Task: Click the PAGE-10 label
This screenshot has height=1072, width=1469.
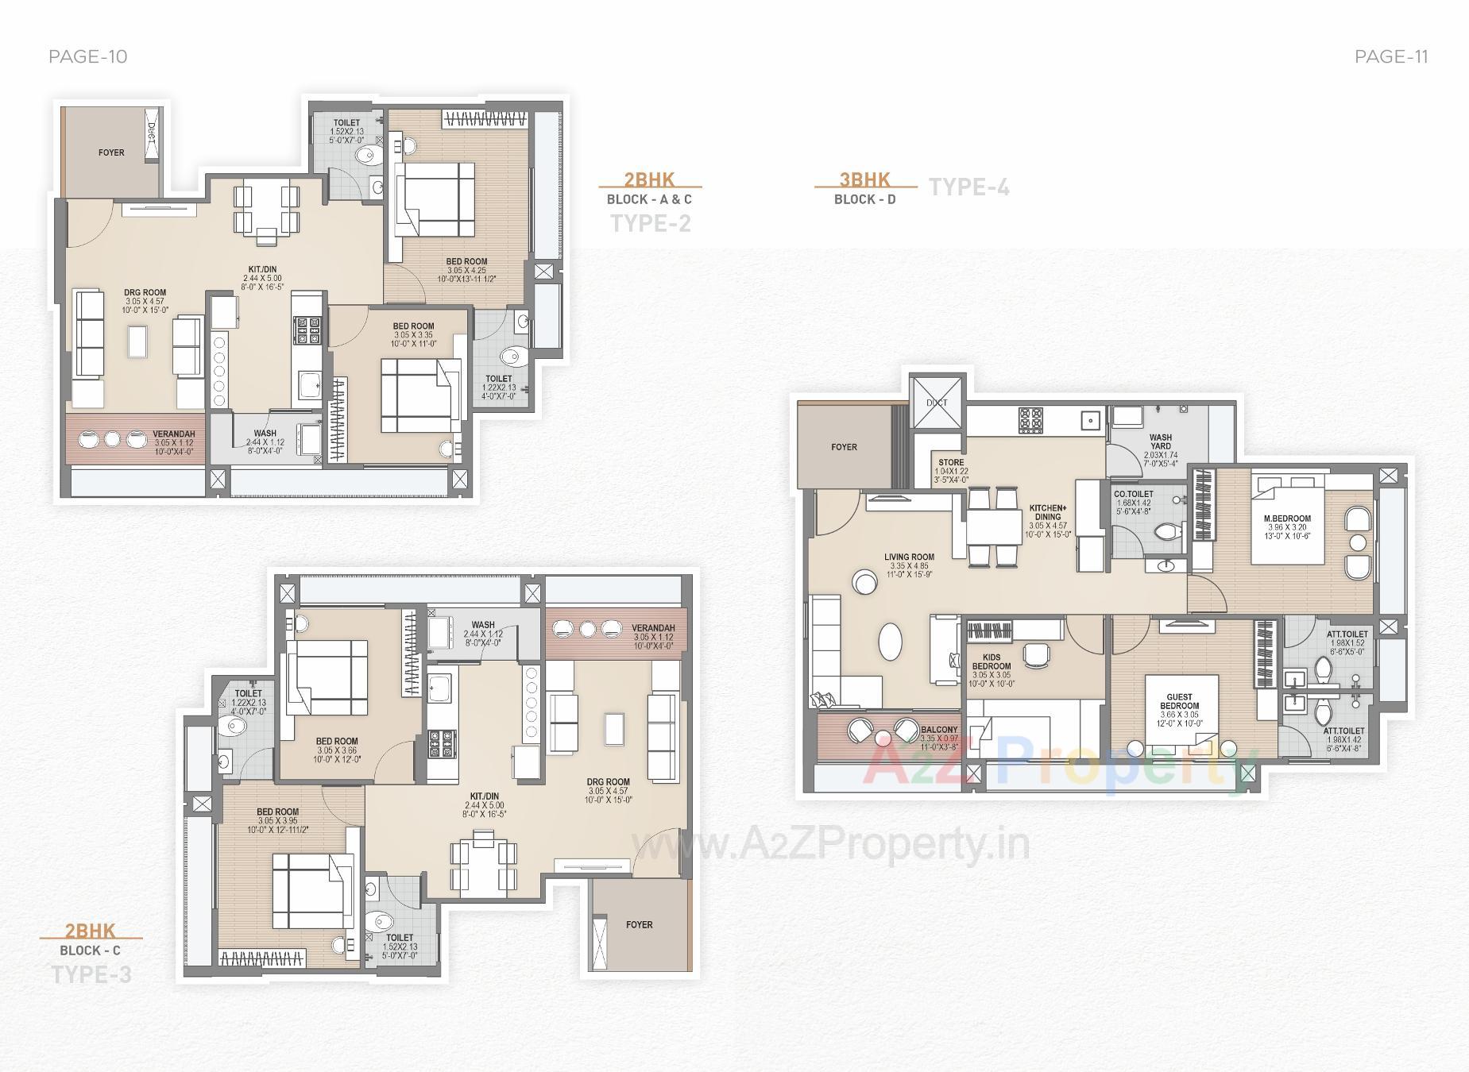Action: point(87,56)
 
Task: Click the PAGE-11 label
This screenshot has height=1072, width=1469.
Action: point(1391,56)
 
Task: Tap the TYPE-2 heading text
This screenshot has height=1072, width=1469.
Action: point(650,223)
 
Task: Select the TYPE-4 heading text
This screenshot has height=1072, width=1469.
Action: point(969,187)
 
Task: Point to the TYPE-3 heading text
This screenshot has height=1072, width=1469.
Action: point(91,974)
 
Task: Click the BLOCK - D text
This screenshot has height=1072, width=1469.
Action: point(864,199)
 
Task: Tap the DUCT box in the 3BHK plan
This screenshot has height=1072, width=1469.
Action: point(937,403)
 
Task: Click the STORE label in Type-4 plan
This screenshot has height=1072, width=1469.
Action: point(951,462)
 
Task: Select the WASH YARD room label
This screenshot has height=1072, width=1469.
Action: point(1160,442)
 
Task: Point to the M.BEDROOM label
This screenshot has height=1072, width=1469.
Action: point(1287,519)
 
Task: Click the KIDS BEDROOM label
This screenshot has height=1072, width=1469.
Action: point(992,661)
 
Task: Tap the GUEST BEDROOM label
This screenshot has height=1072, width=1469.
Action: point(1179,701)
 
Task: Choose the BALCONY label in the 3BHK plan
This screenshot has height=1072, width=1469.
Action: point(939,730)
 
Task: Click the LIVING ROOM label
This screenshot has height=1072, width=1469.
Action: point(909,557)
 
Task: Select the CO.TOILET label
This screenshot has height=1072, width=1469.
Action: point(1134,494)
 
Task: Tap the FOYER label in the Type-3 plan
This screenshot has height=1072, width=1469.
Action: point(639,924)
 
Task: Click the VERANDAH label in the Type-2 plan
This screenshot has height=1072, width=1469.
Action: point(173,434)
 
